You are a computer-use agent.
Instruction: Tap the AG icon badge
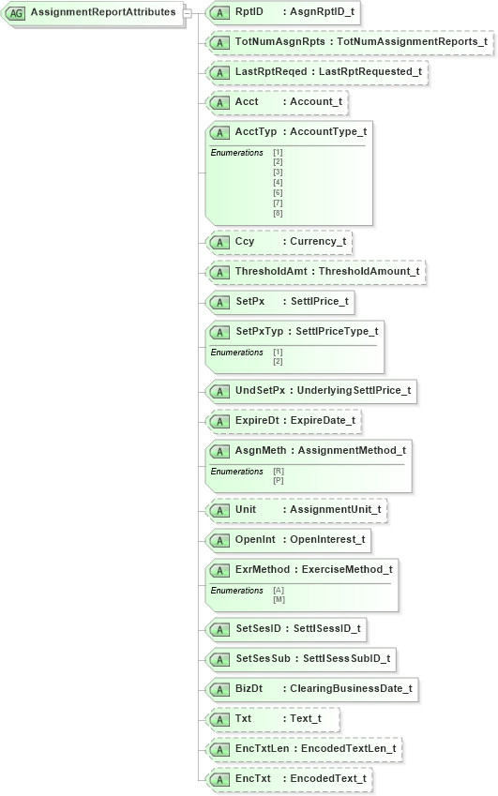(16, 13)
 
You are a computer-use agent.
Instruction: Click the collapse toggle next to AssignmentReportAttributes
(188, 13)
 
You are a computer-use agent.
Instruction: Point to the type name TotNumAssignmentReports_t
(412, 42)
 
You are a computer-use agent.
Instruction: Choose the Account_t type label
(316, 101)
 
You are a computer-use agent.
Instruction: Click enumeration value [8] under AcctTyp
(278, 214)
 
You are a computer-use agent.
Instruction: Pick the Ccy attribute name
(245, 241)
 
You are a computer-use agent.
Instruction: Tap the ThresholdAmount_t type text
(370, 271)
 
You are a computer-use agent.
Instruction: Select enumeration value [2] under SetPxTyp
(278, 361)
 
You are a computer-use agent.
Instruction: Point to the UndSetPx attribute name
(260, 390)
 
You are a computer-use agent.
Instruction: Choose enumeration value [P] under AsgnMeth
(279, 480)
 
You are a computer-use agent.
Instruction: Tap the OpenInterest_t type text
(327, 540)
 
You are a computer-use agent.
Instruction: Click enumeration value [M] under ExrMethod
(279, 599)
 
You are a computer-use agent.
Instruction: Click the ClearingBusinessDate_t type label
(351, 688)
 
